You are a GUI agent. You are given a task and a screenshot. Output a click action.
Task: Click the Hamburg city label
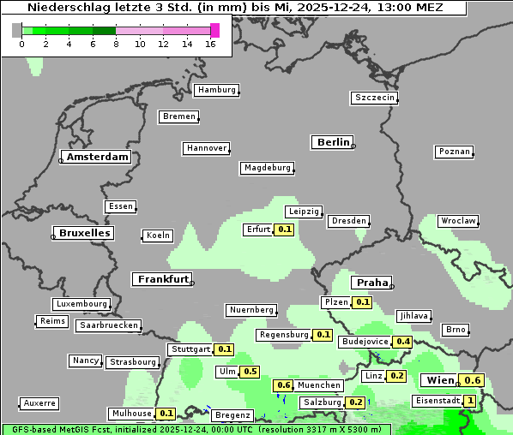pos(216,90)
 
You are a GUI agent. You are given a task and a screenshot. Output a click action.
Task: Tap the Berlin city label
pos(333,142)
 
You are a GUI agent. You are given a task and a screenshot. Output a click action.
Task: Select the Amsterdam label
pos(97,158)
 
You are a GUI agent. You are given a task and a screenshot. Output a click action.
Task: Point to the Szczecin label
pos(375,98)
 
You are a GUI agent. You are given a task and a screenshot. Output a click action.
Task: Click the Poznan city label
pos(454,152)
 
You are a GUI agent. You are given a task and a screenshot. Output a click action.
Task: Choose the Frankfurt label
pos(163,280)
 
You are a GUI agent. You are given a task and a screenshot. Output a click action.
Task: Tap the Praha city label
pos(372,283)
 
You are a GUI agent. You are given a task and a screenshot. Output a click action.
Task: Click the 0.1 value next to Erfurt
pos(285,229)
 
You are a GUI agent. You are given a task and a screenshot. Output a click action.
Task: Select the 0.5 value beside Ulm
pos(250,372)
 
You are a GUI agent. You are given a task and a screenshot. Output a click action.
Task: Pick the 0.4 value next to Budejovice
pos(402,342)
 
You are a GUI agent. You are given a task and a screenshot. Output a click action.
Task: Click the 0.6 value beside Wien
pos(472,380)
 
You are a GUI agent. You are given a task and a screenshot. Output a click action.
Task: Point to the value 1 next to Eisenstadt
pos(469,401)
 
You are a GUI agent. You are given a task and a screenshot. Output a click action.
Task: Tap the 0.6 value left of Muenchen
pos(284,385)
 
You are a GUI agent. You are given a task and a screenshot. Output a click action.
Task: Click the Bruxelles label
pos(83,233)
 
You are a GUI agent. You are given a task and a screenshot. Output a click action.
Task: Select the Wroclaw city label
pos(458,221)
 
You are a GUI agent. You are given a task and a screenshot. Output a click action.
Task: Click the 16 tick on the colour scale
pos(211,44)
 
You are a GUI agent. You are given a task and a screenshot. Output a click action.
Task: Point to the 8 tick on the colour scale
pos(116,44)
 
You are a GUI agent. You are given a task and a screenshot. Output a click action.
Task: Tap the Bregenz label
pos(232,415)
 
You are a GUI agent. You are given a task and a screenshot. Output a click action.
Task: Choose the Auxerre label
pos(39,402)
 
